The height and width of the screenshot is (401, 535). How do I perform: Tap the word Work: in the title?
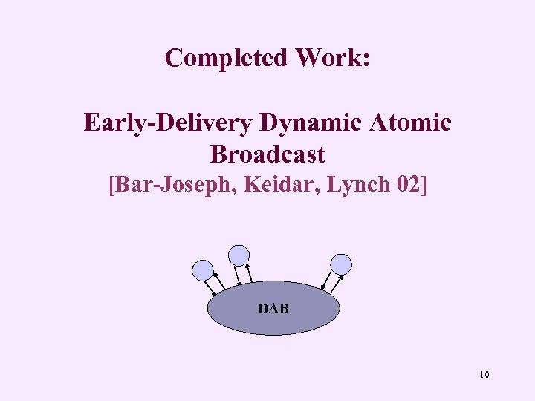coord(334,57)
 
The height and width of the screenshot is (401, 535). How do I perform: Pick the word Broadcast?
coord(267,154)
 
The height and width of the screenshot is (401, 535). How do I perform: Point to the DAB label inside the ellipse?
coord(273,308)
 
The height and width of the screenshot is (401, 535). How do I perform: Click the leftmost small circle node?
coord(202,270)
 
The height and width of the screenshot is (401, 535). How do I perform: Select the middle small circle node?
coord(239,255)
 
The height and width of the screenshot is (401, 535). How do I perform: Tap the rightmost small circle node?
coord(341,264)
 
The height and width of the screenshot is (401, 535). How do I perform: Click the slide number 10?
coord(484,375)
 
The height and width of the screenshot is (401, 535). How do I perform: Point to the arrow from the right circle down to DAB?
coord(327,281)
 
